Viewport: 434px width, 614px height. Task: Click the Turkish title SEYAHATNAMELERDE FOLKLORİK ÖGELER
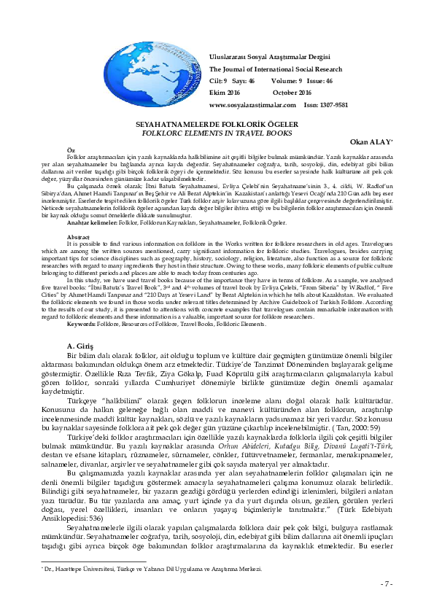(x=215, y=125)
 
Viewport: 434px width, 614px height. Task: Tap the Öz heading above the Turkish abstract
(x=70, y=148)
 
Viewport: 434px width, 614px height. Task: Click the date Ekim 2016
(x=225, y=93)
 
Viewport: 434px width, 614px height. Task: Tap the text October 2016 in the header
(x=292, y=93)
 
